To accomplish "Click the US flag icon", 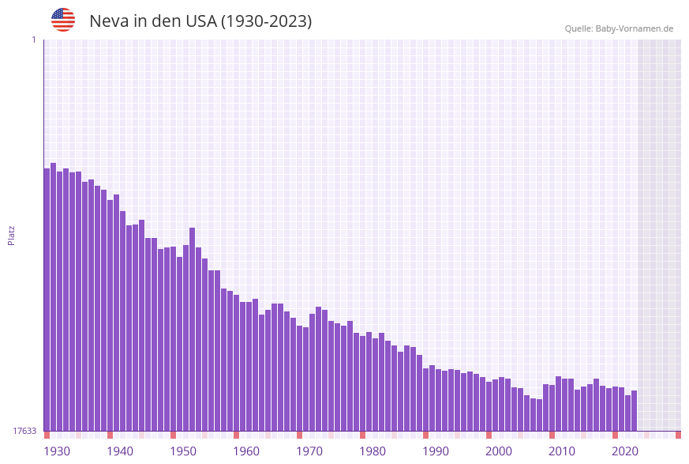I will point(63,20).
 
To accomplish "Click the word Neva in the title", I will point(108,21).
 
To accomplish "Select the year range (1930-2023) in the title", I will point(266,21).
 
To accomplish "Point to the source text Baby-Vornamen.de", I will point(634,28).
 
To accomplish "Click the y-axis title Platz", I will point(12,235).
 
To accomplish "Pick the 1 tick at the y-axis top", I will point(33,40).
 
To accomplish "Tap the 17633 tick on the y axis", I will point(24,431).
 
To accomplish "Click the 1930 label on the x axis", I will point(57,451).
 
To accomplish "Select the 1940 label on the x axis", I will point(120,451).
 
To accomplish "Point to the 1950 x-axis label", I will point(183,451).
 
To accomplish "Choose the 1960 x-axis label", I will point(246,451).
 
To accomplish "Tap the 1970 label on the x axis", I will point(309,451).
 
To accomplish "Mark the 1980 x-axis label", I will point(373,451).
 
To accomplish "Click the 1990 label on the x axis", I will point(436,451).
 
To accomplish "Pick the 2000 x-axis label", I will point(499,451).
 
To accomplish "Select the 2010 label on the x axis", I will point(562,451).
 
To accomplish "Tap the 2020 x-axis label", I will point(625,451).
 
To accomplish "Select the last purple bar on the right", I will point(634,410).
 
